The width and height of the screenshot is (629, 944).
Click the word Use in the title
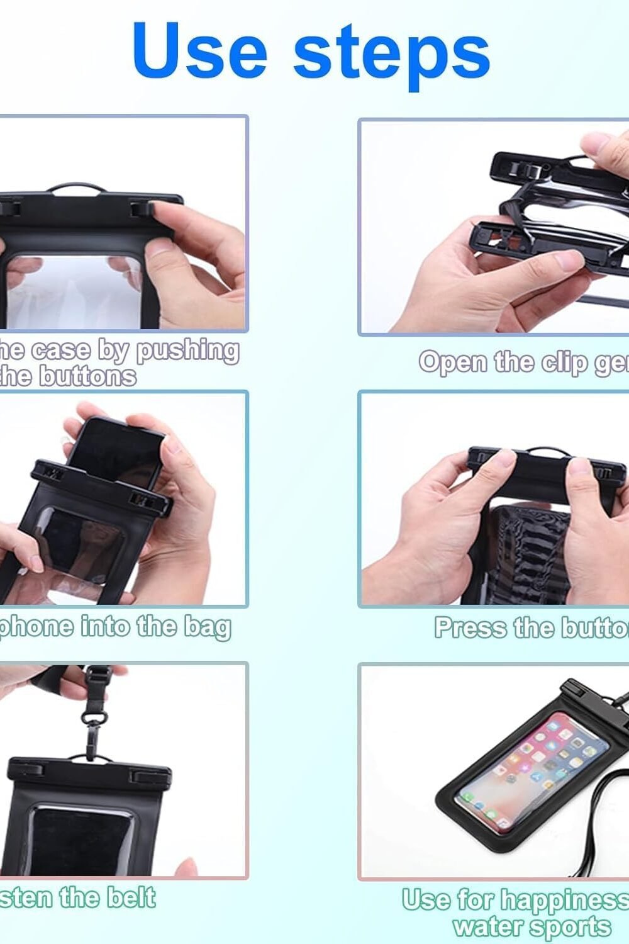(200, 50)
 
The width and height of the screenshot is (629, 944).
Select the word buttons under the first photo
(87, 376)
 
